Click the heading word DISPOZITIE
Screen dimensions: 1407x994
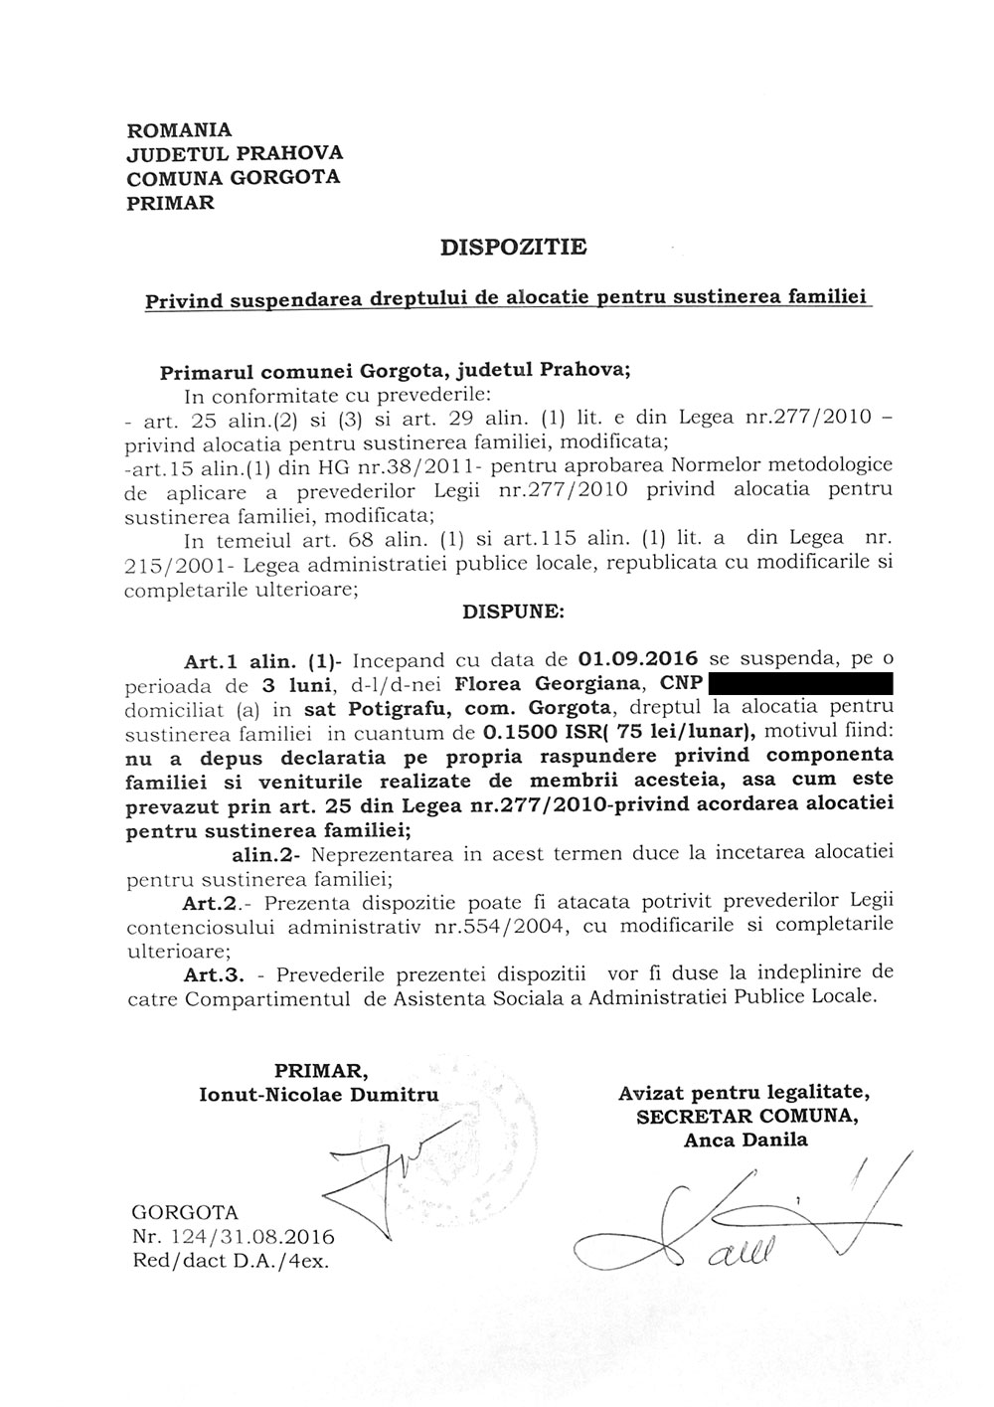tap(513, 247)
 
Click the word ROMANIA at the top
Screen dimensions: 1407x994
tap(180, 129)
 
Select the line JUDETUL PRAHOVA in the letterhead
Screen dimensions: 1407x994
tap(235, 153)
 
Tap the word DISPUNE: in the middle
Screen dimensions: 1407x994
tap(513, 613)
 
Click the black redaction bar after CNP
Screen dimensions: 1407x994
tap(802, 684)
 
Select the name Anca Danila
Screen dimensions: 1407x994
tap(745, 1141)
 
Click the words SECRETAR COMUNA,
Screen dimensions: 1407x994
tap(745, 1117)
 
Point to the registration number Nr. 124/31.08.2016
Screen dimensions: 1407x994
tap(233, 1238)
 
